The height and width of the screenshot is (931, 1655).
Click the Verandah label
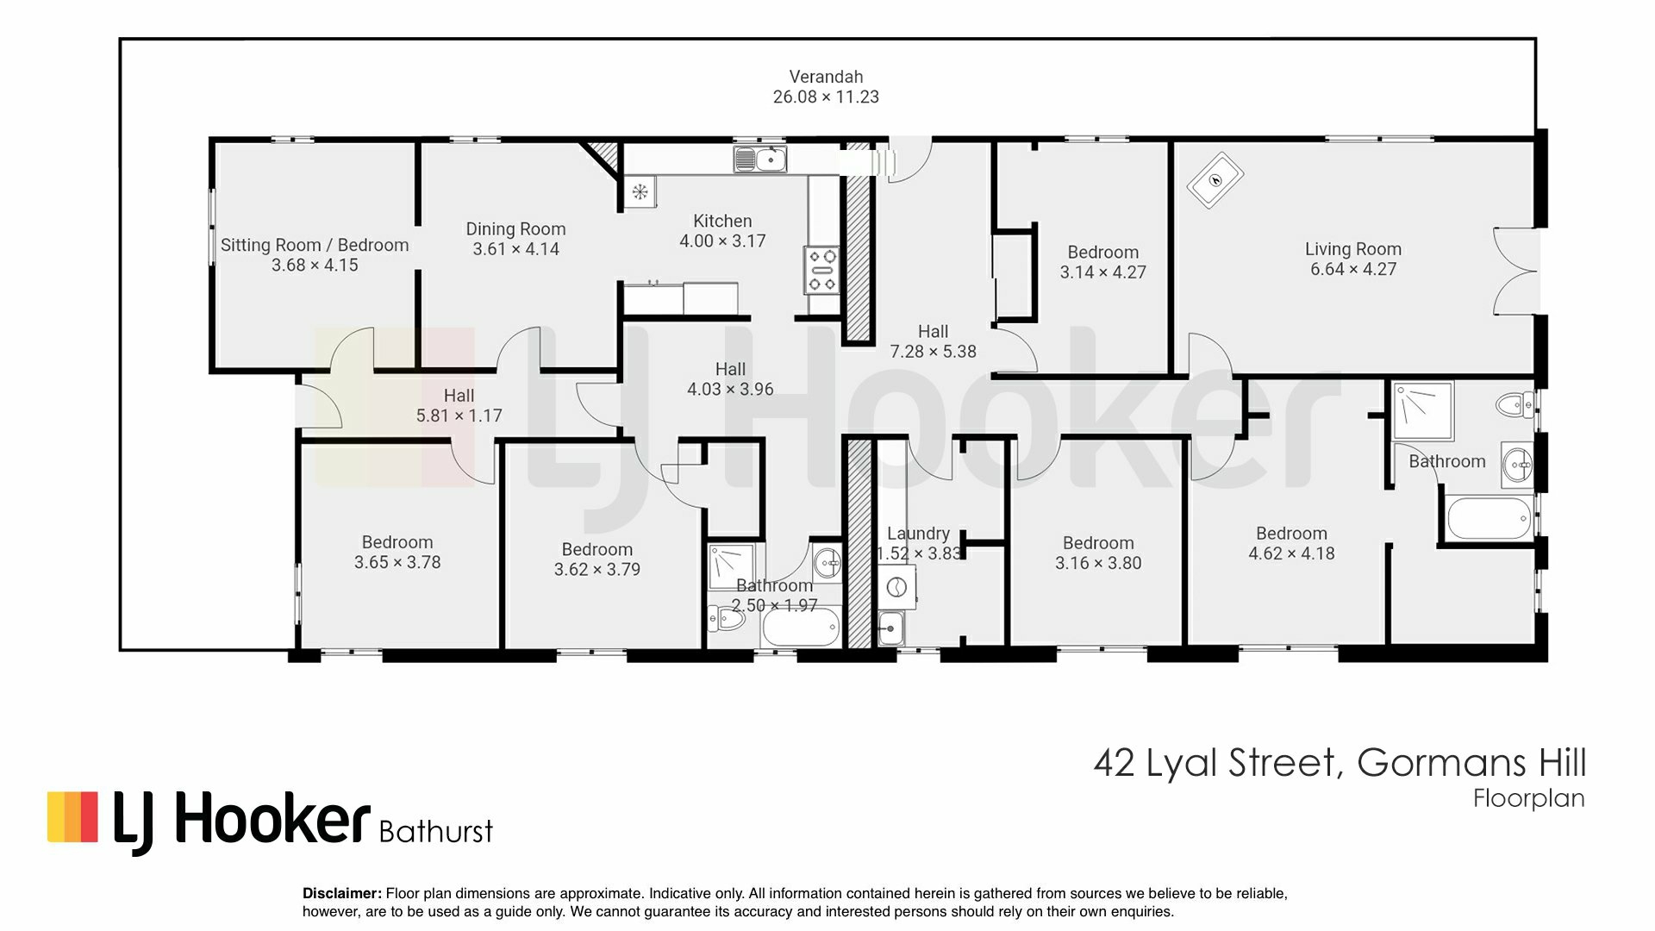tap(826, 77)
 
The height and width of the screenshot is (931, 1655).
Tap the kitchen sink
tap(760, 159)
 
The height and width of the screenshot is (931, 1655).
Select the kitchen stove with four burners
tap(821, 270)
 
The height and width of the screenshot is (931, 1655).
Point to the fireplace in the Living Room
tap(1214, 180)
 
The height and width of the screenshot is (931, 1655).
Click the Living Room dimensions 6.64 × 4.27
tap(1353, 269)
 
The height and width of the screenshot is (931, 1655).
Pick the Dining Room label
tap(515, 229)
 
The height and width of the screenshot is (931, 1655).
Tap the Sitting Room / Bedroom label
tap(315, 245)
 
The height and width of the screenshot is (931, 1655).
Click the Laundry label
tap(918, 534)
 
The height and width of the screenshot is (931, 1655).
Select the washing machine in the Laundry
tap(896, 588)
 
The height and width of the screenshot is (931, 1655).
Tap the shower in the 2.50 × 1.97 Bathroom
tap(731, 565)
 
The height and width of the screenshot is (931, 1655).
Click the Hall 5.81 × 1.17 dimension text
tap(459, 416)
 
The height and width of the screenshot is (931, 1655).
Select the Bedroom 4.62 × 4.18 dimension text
tap(1291, 553)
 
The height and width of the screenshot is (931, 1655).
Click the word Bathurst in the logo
tap(436, 832)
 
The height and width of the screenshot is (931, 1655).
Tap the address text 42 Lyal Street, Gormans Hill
tap(1340, 764)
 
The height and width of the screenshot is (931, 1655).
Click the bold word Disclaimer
tap(342, 894)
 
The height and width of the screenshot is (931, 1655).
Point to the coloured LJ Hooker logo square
tap(72, 816)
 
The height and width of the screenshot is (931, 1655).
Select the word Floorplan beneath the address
tap(1529, 799)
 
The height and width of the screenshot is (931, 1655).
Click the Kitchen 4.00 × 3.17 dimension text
tap(722, 241)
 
